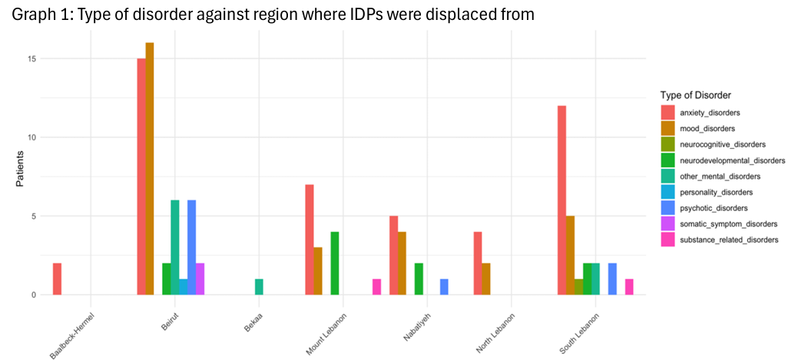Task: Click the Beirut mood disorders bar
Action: pos(150,169)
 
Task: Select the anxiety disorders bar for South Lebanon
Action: pos(561,200)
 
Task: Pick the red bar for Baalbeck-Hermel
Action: pos(57,279)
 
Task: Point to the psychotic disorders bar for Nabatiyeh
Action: pos(444,286)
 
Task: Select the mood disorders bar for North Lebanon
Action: pos(486,279)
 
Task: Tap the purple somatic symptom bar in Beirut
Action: pos(200,279)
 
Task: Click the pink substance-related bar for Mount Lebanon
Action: pos(376,286)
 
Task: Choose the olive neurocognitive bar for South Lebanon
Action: pos(578,286)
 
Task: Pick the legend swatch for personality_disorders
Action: pos(667,192)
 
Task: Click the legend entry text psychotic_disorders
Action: pos(714,208)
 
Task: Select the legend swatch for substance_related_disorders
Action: pos(667,239)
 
